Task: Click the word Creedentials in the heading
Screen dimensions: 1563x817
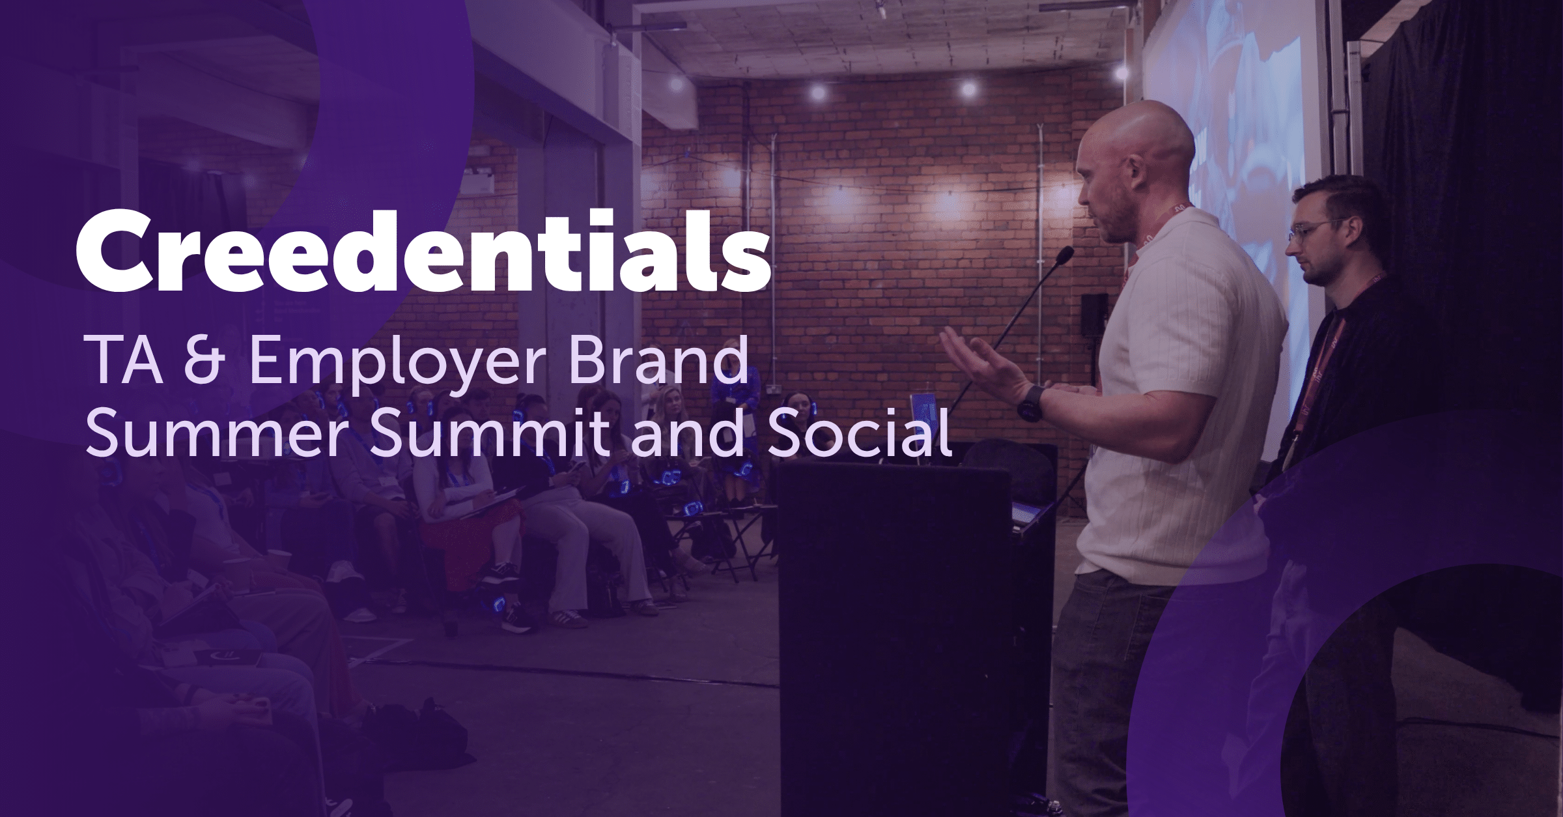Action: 423,251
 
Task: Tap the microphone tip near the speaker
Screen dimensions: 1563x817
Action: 1065,255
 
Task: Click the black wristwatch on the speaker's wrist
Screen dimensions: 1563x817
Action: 1031,404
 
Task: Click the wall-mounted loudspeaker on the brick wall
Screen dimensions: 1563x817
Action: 1094,314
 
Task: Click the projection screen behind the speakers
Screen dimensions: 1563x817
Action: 1231,130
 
